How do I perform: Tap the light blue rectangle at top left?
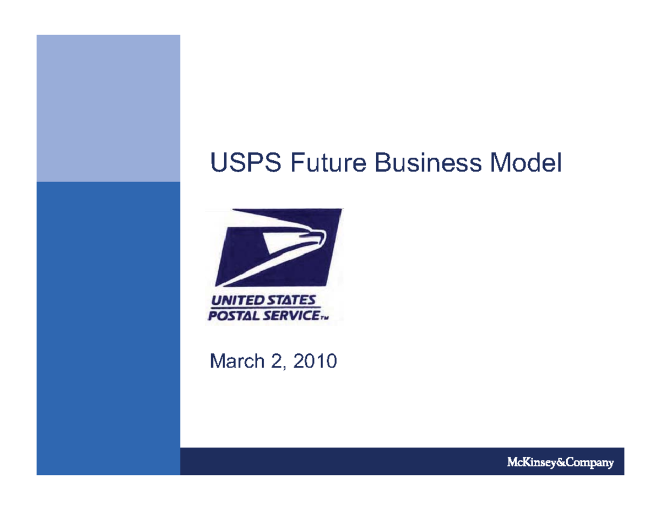(108, 108)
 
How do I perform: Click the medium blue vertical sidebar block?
(108, 328)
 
